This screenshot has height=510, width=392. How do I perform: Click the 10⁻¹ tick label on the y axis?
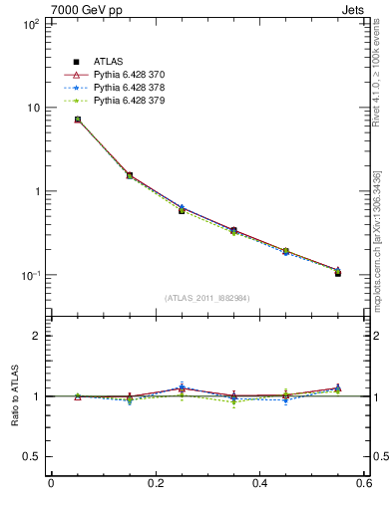point(28,275)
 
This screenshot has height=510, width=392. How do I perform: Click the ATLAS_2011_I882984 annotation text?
point(206,298)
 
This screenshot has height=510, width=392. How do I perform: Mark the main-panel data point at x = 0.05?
point(77,120)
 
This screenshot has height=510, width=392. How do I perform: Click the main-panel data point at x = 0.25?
point(182,210)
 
